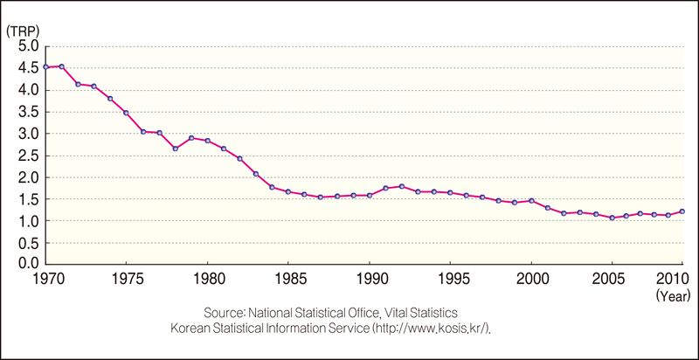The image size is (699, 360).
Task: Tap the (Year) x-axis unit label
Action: tap(673, 296)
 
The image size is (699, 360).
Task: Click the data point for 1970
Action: tap(45, 66)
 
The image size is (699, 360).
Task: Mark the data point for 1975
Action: tap(126, 113)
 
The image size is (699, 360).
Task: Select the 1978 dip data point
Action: tap(175, 149)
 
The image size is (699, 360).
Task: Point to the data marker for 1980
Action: tap(207, 141)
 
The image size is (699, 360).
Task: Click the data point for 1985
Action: tap(288, 191)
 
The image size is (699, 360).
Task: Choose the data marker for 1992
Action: tap(402, 186)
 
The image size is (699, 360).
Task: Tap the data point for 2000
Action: tap(531, 201)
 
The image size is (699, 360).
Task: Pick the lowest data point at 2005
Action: tap(612, 218)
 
